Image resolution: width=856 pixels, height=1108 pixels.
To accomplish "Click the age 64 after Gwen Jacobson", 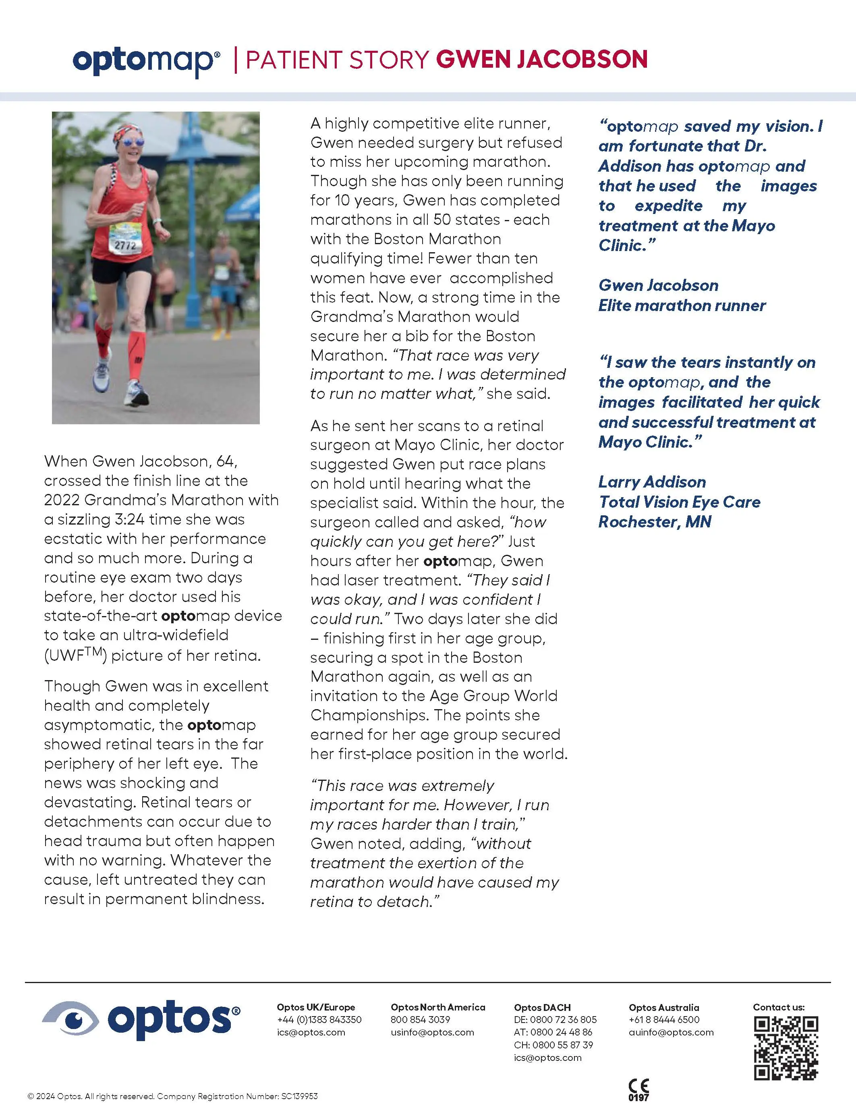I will [226, 461].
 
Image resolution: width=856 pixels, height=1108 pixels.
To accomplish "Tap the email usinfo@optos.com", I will [432, 1032].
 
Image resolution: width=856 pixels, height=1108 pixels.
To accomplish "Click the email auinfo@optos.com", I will [671, 1032].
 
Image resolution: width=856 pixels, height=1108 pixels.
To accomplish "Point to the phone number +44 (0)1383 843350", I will [319, 1020].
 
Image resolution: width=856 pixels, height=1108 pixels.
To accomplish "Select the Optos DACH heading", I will [542, 1008].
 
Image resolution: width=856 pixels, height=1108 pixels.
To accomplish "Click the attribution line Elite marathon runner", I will [682, 305].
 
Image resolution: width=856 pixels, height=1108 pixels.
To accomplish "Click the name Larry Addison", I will [652, 481].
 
